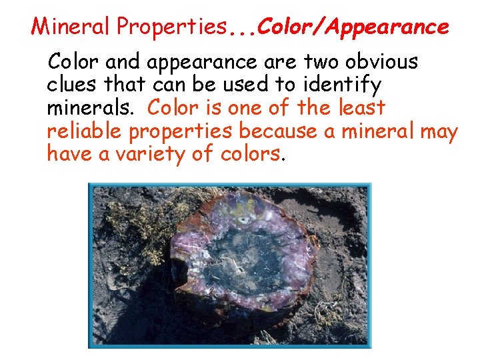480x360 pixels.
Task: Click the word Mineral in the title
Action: [71, 27]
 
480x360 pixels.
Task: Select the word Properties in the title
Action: [171, 27]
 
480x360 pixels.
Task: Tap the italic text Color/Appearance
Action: [353, 27]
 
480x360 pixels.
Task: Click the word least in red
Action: [361, 107]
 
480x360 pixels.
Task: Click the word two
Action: [316, 63]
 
